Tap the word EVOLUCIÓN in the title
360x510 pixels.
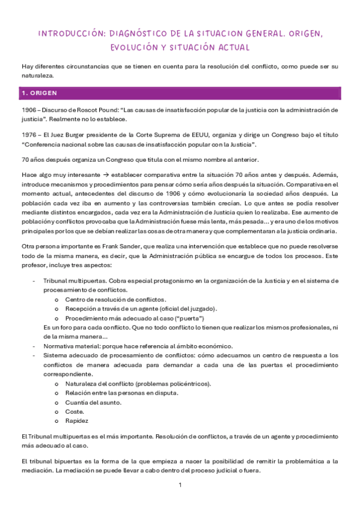(x=135, y=47)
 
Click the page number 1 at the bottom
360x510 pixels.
(x=180, y=485)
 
